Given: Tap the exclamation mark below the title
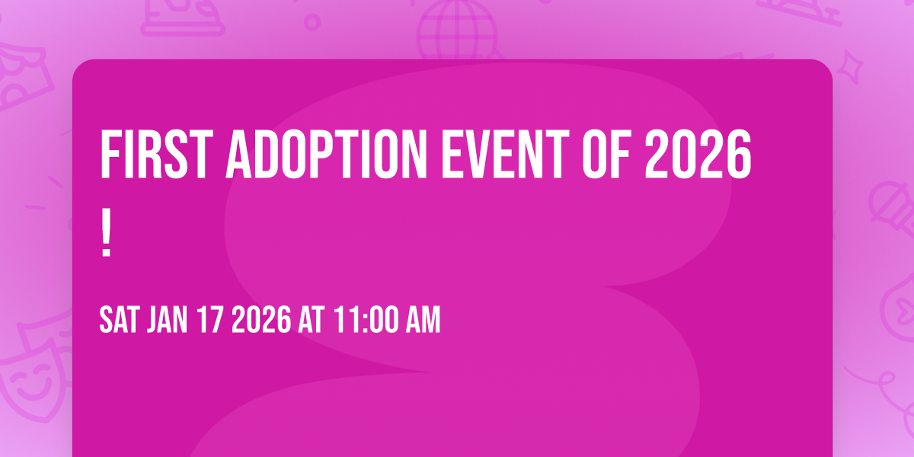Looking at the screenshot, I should pyautogui.click(x=106, y=237).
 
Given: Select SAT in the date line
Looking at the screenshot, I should pyautogui.click(x=118, y=321).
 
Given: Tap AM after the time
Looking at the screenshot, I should pyautogui.click(x=421, y=321).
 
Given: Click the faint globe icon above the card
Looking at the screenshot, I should pyautogui.click(x=456, y=30).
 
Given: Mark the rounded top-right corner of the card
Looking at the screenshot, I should pyautogui.click(x=826, y=67).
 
